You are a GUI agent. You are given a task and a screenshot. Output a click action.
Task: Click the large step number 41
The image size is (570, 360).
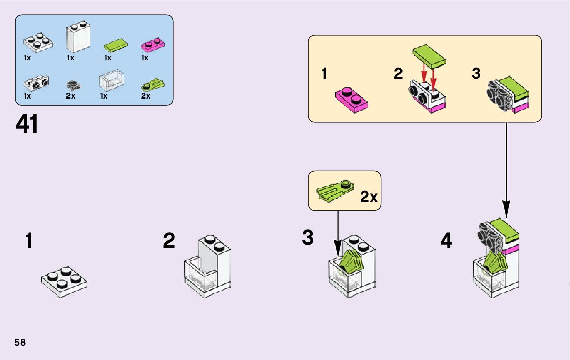27,124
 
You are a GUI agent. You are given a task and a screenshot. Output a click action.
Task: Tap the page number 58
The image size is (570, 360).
20,342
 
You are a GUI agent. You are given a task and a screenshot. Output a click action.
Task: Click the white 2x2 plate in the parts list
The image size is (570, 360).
37,43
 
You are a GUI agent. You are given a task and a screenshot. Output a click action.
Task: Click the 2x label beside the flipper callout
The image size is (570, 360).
369,198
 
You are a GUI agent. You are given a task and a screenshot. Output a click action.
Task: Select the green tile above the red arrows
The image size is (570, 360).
429,55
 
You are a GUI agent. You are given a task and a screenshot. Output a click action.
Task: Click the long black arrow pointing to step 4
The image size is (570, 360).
506,168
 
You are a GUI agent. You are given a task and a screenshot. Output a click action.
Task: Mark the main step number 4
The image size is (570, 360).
446,241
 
